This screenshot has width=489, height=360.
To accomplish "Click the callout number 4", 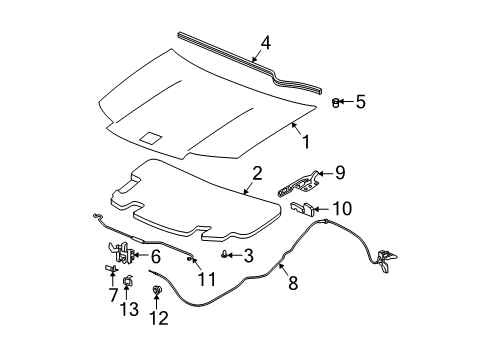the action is tap(266, 43).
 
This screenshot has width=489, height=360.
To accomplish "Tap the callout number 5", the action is tap(360, 101).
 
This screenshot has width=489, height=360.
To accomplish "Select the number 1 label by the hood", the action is tap(306, 142).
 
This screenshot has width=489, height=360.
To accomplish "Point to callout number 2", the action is tap(257, 173).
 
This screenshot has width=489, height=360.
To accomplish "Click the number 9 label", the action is tap(340, 173).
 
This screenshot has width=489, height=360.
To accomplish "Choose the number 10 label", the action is tap(342, 208).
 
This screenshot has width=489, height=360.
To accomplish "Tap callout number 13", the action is tap(129, 309).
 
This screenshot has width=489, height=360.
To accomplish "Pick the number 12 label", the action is tap(159, 318).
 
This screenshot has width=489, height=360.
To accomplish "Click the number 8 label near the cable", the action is tap(293, 283).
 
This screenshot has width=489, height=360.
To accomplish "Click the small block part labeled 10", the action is tap(303, 209).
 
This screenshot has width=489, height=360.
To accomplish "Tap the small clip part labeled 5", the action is tap(336, 103).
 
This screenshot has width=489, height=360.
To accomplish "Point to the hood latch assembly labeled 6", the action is tap(121, 252).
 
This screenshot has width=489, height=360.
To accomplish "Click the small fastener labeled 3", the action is tap(224, 255).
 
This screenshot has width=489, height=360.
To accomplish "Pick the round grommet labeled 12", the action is tap(156, 290).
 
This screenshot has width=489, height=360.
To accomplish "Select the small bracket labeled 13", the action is tap(127, 281).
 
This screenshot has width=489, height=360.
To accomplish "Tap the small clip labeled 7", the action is tap(111, 267).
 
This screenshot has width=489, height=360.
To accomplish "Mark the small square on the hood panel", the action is tap(151, 138).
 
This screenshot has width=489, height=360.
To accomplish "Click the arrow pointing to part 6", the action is tap(140, 256).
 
